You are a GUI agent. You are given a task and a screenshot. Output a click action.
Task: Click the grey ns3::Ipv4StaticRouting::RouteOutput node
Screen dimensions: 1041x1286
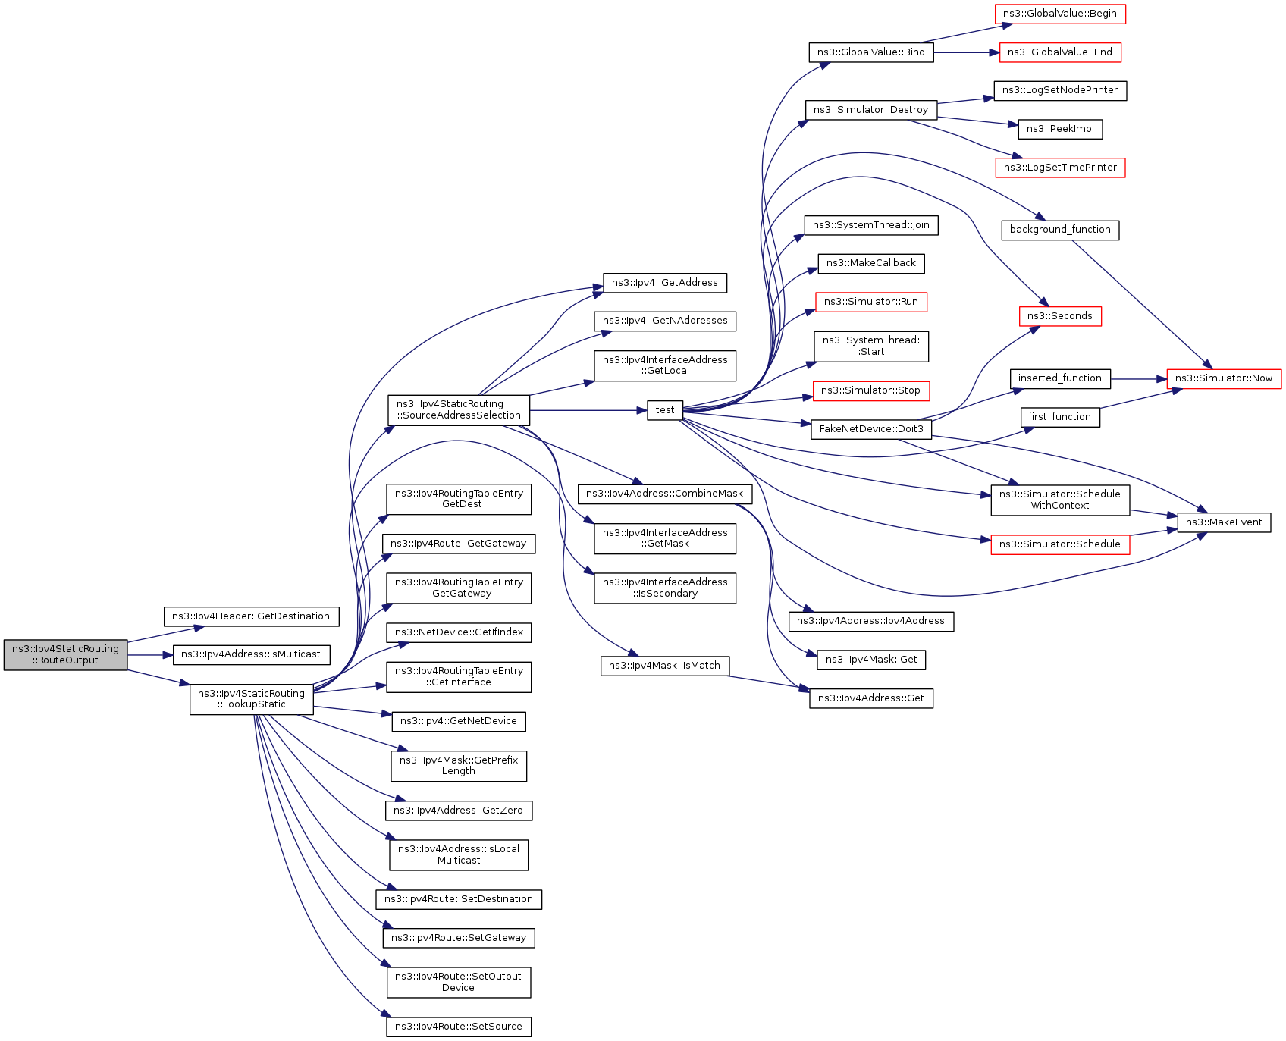tap(65, 654)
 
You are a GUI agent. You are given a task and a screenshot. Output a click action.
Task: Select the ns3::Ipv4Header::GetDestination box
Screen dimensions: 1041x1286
tap(251, 616)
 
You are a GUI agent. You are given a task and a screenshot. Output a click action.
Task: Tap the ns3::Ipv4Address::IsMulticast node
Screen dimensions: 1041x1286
tap(251, 654)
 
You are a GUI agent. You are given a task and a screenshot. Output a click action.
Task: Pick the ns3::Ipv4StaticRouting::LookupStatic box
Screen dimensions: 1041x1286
tap(251, 698)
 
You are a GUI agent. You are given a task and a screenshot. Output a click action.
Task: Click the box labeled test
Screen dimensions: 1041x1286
tap(665, 410)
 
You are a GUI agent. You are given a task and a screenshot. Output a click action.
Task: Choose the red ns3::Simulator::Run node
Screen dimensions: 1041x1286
tap(870, 302)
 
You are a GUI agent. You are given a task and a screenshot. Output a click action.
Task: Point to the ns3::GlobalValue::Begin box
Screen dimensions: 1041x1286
tap(1059, 14)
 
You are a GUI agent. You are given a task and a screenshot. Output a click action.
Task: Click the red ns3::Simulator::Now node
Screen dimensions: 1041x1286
tap(1223, 378)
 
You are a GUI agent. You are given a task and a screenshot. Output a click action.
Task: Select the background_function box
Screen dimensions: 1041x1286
tap(1059, 230)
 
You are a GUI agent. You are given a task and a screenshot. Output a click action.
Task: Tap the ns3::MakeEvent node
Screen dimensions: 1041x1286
tap(1223, 522)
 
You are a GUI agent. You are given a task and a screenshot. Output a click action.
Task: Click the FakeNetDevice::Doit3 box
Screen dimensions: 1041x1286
tap(870, 429)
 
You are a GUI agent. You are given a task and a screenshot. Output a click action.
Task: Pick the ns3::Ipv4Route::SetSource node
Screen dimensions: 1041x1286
tap(458, 1027)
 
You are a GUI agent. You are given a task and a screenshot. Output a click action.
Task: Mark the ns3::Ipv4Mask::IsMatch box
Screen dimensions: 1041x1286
tap(664, 666)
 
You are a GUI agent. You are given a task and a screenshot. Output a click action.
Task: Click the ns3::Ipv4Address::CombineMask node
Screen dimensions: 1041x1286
tap(664, 494)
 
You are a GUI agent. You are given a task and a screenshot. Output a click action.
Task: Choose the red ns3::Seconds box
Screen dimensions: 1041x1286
tap(1059, 316)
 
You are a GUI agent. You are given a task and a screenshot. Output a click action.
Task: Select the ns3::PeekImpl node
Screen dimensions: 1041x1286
tap(1059, 129)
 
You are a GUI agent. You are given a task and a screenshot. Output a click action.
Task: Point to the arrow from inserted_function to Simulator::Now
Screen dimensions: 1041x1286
tap(1138, 378)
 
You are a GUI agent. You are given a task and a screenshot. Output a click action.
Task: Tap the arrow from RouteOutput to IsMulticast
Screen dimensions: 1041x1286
tap(150, 654)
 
